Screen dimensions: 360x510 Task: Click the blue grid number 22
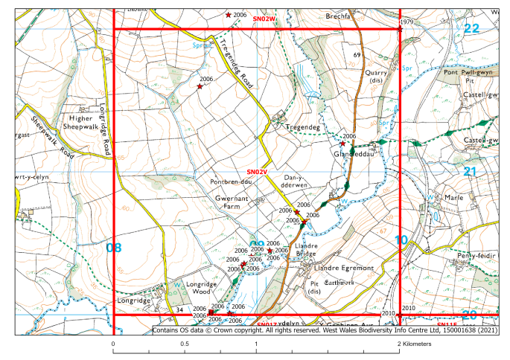point(471,28)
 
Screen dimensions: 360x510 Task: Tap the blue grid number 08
point(114,247)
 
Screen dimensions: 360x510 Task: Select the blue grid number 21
point(470,171)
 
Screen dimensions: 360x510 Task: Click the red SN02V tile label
point(257,172)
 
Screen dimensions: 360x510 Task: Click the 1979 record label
point(406,22)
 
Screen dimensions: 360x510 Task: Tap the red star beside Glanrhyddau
point(342,144)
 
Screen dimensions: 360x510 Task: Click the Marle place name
point(454,198)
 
